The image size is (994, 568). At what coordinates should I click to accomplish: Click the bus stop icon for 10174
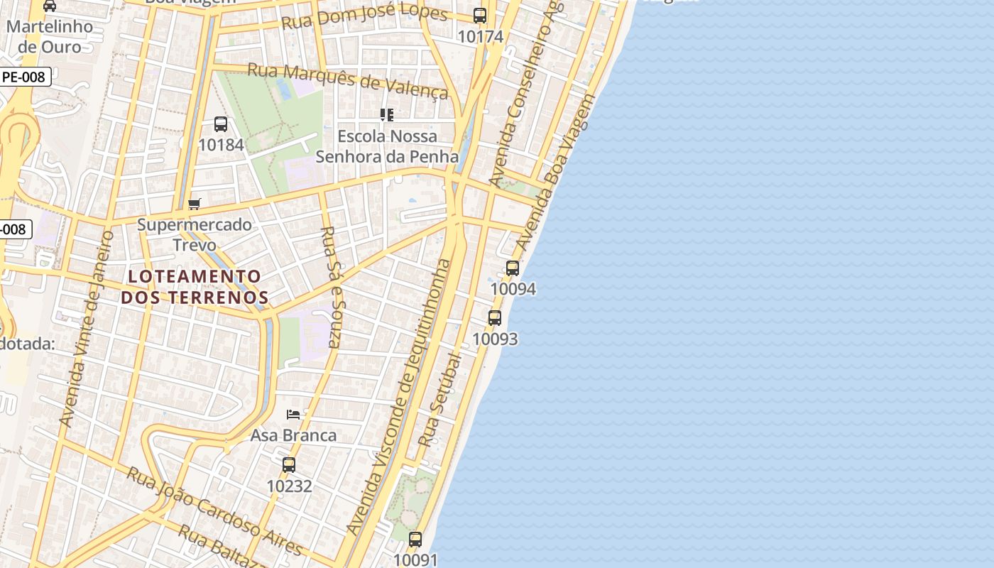click(480, 16)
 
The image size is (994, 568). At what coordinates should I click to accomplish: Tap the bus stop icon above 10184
click(221, 124)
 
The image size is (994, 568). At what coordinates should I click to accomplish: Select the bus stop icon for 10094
click(513, 268)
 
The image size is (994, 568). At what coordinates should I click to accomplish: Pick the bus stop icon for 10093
click(495, 318)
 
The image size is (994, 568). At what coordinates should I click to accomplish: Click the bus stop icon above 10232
click(289, 465)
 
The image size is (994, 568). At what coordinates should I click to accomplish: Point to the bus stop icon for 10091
click(415, 540)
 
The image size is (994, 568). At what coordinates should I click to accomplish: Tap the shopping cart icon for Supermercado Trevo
click(195, 204)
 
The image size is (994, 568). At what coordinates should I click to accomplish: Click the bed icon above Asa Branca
click(293, 415)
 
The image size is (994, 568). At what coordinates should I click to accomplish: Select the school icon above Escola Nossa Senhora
click(387, 114)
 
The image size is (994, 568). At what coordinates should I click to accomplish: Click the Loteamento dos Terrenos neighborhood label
click(195, 287)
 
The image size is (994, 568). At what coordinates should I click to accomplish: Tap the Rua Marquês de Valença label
click(348, 80)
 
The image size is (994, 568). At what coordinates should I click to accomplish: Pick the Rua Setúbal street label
click(440, 400)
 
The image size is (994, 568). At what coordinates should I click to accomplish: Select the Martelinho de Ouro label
click(50, 37)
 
